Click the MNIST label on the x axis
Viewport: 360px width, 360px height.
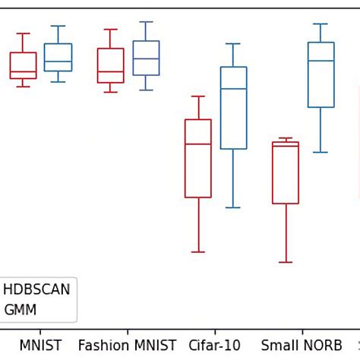coord(40,346)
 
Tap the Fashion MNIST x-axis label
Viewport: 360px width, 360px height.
coord(127,346)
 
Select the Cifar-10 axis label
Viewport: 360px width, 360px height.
coord(214,346)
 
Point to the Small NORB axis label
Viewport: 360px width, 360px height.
coord(302,346)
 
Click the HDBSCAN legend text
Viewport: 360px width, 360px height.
coord(36,290)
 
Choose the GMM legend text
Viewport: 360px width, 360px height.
coord(20,310)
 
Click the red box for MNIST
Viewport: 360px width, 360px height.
coord(23,65)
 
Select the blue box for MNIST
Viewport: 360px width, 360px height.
coord(58,57)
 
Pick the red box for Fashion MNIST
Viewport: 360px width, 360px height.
coord(110,65)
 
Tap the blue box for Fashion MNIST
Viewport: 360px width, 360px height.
coord(146,58)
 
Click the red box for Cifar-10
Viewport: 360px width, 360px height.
coord(198,158)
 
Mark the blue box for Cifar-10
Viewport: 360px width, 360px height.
coord(233,108)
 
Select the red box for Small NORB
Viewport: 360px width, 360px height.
coord(286,172)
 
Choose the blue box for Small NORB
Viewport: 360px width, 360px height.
coord(321,74)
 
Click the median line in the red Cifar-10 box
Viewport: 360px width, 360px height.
coord(198,144)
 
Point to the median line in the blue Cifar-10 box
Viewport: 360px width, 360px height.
coord(233,89)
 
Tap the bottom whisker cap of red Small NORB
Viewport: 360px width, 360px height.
coord(286,262)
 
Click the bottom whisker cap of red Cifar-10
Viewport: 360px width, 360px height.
coord(198,251)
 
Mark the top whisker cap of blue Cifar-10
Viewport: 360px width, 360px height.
coord(233,44)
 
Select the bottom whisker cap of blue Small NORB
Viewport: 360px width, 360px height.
coord(321,152)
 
